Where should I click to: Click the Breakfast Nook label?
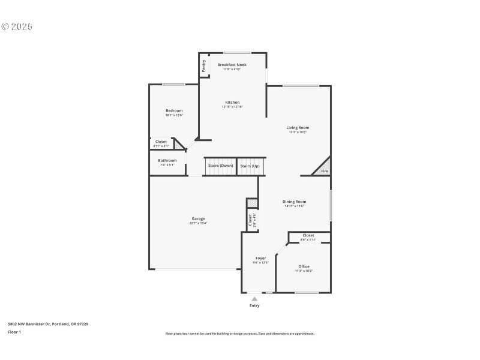tap(232, 65)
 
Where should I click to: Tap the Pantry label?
tap(204, 65)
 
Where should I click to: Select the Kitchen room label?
tap(232, 103)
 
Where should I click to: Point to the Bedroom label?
tap(174, 111)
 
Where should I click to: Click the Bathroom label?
tap(167, 161)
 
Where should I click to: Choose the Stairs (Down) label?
tap(220, 166)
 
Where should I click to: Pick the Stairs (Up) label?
tap(250, 166)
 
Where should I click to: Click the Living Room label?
tap(298, 128)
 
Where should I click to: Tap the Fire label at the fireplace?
tap(325, 171)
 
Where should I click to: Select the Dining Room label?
tap(295, 202)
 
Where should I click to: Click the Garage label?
tap(198, 219)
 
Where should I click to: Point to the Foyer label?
tap(260, 259)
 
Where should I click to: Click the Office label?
tap(304, 266)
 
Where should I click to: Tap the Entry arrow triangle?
tap(254, 298)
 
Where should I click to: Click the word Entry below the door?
tap(254, 305)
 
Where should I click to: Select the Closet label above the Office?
tap(308, 235)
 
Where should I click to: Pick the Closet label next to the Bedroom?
tap(161, 142)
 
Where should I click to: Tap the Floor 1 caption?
tap(14, 332)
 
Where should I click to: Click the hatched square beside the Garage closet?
tap(251, 203)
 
